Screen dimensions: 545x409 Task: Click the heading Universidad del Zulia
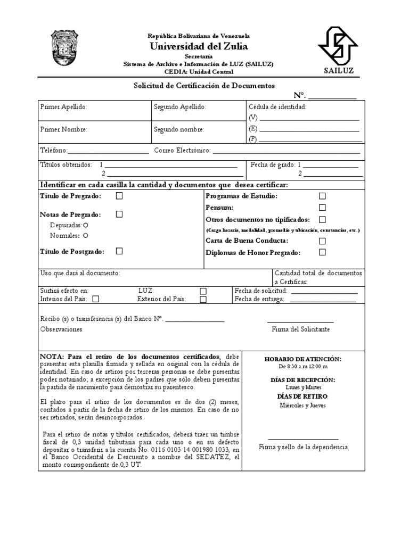[x=199, y=46]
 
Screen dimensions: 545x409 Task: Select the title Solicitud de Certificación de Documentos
[x=203, y=85]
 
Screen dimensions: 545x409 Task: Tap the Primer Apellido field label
[x=63, y=107]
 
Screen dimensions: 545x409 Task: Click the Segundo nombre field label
[x=178, y=129]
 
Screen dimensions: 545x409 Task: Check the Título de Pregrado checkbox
[x=119, y=196]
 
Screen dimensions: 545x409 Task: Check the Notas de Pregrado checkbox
[x=119, y=214]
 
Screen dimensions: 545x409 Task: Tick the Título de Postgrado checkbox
[x=119, y=251]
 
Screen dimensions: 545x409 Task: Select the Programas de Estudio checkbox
[x=322, y=196]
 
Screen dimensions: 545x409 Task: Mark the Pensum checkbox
[x=322, y=208]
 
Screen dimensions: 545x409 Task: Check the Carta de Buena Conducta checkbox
[x=322, y=241]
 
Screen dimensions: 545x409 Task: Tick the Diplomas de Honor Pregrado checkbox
[x=322, y=252]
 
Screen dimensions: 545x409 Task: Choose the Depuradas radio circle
[x=85, y=226]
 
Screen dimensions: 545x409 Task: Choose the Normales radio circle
[x=85, y=235]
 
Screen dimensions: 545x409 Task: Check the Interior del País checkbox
[x=96, y=299]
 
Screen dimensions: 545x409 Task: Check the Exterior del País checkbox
[x=203, y=299]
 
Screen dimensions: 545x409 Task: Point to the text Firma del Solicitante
[x=300, y=329]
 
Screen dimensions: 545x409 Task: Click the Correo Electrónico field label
[x=183, y=151]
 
